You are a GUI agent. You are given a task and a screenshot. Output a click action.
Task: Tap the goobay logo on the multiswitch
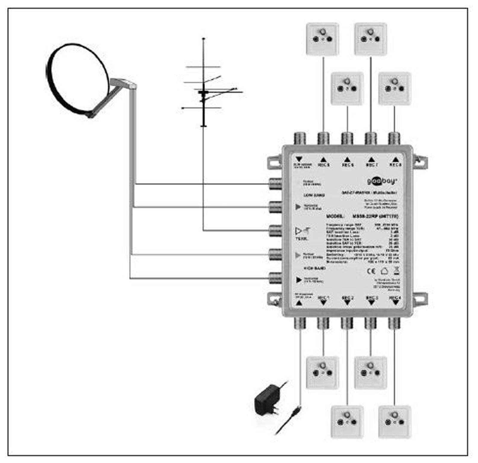coord(382,181)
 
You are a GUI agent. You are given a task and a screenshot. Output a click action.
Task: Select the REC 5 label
coord(324,165)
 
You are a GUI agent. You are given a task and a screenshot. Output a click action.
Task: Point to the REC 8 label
coord(396,165)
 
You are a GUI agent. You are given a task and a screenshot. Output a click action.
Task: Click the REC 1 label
coord(323,298)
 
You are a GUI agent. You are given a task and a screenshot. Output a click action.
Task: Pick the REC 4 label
coord(395,298)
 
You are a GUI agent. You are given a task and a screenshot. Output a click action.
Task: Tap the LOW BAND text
coord(314,195)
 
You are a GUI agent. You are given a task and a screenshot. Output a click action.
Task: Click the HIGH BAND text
coord(315,268)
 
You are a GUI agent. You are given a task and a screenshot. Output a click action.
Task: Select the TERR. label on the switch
coord(301,239)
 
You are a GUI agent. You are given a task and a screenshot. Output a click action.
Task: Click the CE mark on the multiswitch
coord(371,271)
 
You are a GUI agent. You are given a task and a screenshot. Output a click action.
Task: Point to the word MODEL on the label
coord(335,216)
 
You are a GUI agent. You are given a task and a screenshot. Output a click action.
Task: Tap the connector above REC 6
coord(347,138)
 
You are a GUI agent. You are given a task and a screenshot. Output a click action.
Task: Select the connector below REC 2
coord(347,323)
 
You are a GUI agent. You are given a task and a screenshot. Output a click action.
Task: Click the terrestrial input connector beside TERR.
coord(275,231)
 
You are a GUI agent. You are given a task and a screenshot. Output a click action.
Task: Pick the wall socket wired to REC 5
coord(322,39)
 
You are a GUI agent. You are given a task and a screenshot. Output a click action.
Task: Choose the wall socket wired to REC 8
coord(394,88)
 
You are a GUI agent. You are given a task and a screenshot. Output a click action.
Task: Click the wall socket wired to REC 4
coord(394,422)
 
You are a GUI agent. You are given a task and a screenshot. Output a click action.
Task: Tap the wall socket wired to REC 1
coord(322,373)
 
